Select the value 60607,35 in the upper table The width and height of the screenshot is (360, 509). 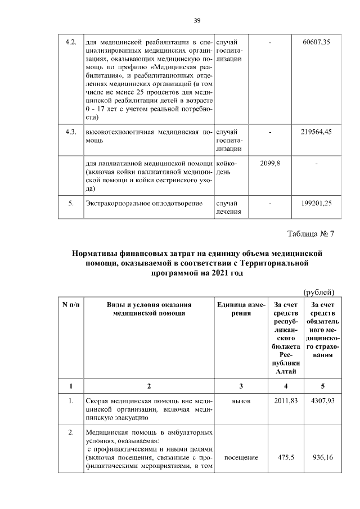(x=316, y=42)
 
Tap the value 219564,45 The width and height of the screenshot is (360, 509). (x=316, y=132)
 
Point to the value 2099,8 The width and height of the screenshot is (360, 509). (x=271, y=163)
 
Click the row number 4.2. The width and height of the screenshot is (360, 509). (x=71, y=42)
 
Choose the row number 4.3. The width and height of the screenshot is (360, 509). (x=71, y=132)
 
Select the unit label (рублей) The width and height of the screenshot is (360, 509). (x=319, y=292)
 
